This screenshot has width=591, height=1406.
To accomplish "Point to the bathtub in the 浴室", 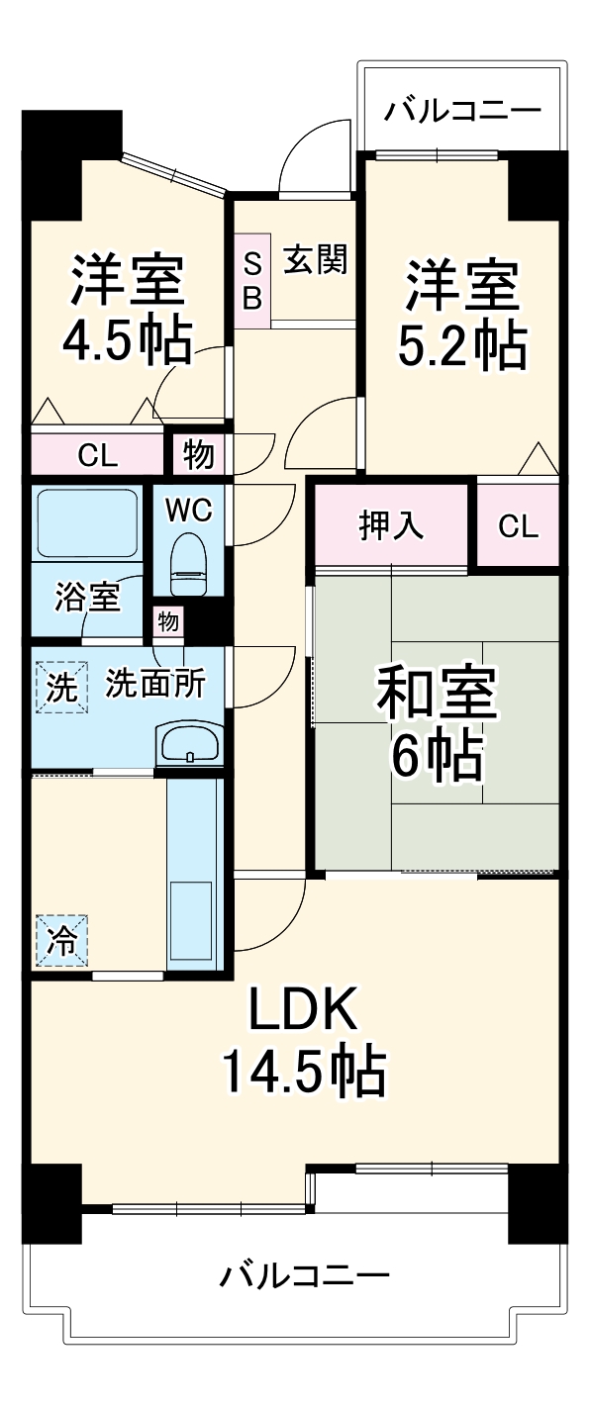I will click(x=87, y=522).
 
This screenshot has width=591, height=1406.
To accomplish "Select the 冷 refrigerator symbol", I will click(x=62, y=939).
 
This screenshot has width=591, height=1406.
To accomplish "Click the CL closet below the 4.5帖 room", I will click(x=98, y=456).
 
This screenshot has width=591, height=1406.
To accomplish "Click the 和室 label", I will click(x=436, y=694).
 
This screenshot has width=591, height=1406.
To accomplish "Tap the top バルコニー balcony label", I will click(x=462, y=108).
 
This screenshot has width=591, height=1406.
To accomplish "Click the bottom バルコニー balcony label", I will click(x=303, y=1275).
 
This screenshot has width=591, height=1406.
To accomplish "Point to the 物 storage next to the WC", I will click(x=197, y=456).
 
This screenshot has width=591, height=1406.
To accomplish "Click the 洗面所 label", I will click(x=155, y=684).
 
